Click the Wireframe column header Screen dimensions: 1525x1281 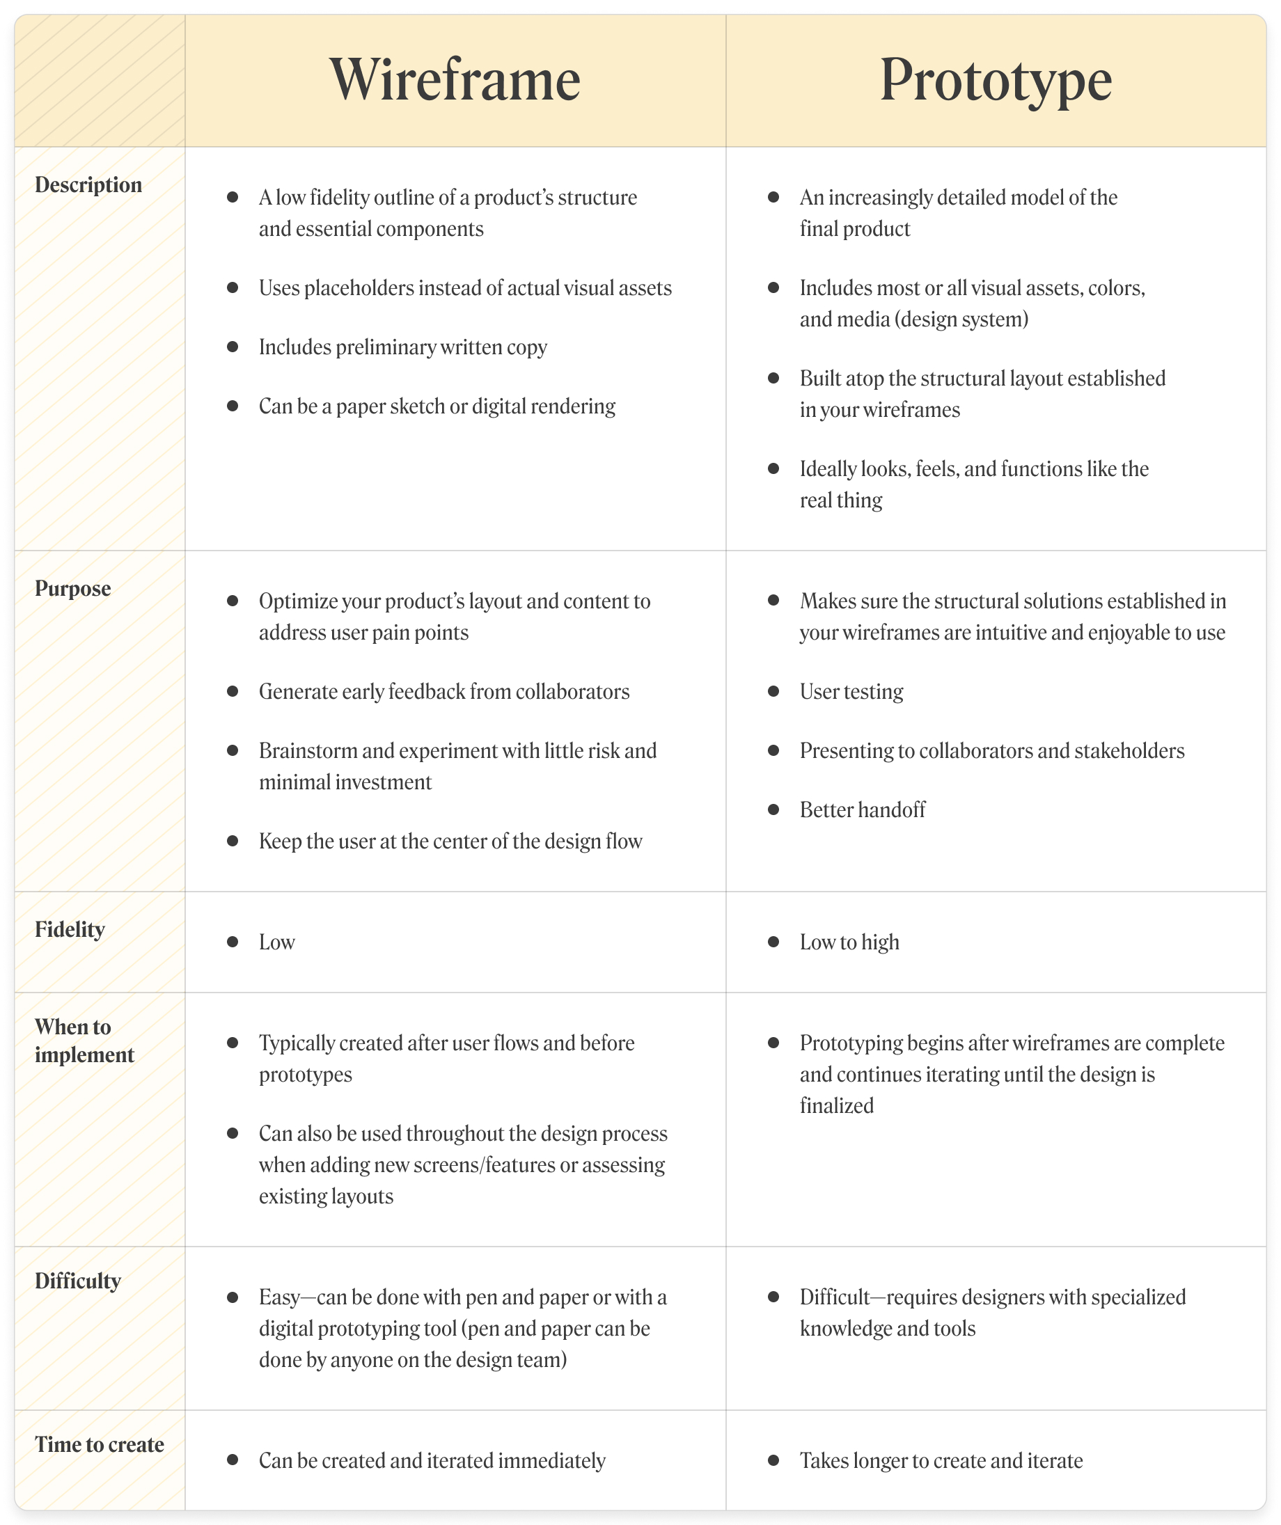(x=455, y=80)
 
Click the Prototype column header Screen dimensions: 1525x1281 (x=996, y=80)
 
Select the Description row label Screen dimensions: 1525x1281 (x=88, y=185)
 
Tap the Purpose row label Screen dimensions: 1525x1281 (x=72, y=588)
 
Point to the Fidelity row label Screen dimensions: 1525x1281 (x=70, y=929)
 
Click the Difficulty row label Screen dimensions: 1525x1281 (x=78, y=1281)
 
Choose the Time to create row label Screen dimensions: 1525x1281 (x=100, y=1445)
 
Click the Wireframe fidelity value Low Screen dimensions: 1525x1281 (x=276, y=942)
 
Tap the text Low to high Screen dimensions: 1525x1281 (x=849, y=942)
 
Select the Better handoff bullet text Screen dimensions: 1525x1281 (x=863, y=810)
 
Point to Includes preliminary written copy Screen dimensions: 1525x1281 (x=403, y=347)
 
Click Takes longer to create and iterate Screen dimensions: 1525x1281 (x=941, y=1461)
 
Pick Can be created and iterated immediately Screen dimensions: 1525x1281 (x=432, y=1461)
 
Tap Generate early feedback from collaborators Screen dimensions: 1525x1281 (x=444, y=692)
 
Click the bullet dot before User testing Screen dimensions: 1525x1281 (x=773, y=691)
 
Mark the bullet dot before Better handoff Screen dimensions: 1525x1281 (x=773, y=809)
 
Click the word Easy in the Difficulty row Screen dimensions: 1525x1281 (x=280, y=1297)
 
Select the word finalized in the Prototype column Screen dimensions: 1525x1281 (x=837, y=1106)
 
